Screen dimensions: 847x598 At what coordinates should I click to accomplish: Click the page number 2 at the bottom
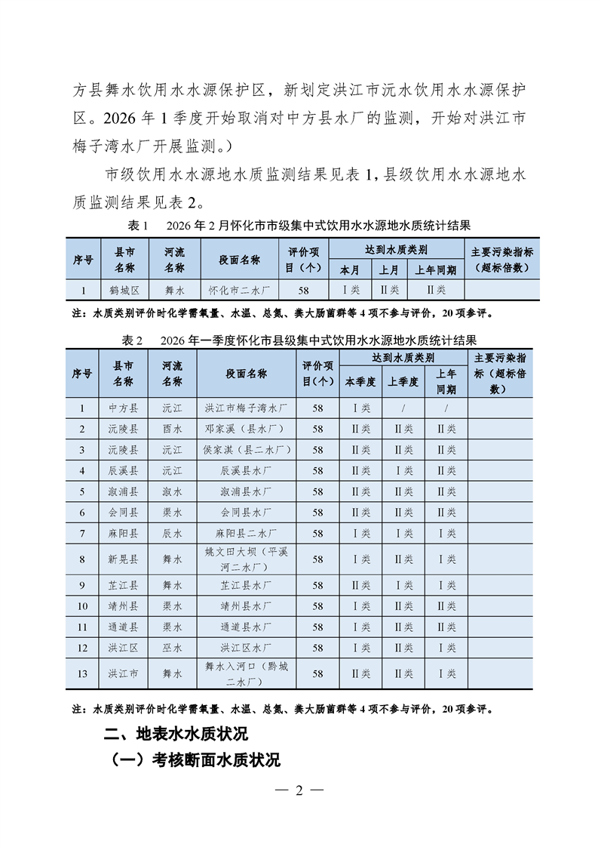[x=299, y=790]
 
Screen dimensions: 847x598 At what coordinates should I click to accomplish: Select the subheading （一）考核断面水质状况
[x=195, y=759]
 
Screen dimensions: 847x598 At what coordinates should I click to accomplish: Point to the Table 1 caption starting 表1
[x=299, y=226]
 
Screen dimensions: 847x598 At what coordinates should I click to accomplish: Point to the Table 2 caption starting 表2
[x=299, y=340]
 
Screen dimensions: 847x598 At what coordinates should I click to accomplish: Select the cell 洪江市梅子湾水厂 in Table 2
[x=246, y=408]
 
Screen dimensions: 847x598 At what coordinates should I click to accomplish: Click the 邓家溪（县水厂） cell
[x=246, y=428]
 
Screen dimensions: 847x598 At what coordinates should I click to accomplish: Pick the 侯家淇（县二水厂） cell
[x=246, y=449]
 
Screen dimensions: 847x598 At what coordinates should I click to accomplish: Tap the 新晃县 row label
[x=123, y=559]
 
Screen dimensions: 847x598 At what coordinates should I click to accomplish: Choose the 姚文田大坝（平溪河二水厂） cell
[x=246, y=559]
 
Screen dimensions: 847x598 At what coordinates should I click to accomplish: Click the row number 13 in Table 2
[x=82, y=673]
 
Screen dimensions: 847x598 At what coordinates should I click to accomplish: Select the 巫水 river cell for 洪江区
[x=172, y=648]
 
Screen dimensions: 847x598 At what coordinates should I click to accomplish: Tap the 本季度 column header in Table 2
[x=360, y=382]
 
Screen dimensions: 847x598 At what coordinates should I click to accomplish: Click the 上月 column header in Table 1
[x=388, y=269]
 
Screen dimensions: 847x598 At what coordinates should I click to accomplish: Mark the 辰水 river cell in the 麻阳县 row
[x=172, y=533]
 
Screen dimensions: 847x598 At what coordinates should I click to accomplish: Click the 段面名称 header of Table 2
[x=246, y=374]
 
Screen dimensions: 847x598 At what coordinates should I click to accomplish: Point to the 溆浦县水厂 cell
[x=246, y=491]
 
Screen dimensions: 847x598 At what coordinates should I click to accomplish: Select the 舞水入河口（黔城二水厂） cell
[x=246, y=673]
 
